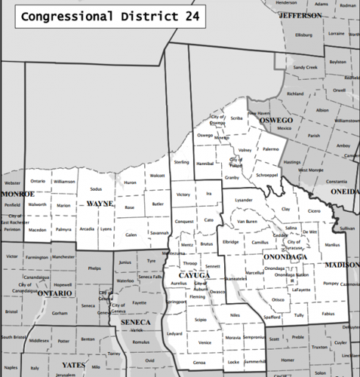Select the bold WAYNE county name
pyautogui.click(x=100, y=204)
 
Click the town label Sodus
pyautogui.click(x=96, y=188)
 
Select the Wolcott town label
pyautogui.click(x=157, y=176)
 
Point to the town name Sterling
pyautogui.click(x=181, y=162)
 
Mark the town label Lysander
pyautogui.click(x=243, y=200)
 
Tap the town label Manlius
pyautogui.click(x=332, y=245)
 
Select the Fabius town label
pyautogui.click(x=326, y=312)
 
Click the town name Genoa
pyautogui.click(x=198, y=363)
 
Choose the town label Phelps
pyautogui.click(x=94, y=268)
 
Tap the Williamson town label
pyautogui.click(x=65, y=182)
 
